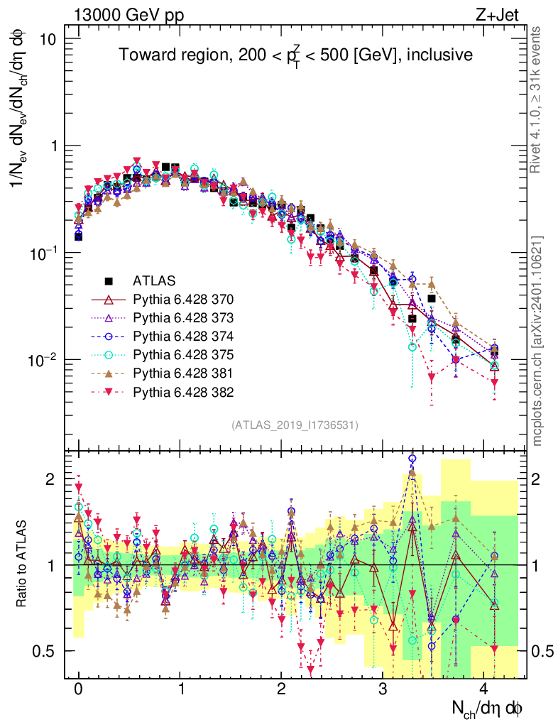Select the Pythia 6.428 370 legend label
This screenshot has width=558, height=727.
click(184, 298)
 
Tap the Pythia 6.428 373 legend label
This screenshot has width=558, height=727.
click(184, 317)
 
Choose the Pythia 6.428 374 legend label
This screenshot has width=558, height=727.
click(184, 335)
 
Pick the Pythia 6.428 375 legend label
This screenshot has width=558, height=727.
click(184, 354)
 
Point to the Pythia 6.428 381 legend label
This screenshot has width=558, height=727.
click(184, 373)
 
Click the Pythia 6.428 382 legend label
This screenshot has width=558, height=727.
click(184, 391)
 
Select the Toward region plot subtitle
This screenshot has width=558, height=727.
click(295, 55)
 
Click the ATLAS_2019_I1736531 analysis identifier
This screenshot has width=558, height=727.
click(295, 425)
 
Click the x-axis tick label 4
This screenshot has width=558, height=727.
click(484, 689)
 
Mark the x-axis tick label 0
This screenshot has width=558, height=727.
click(78, 689)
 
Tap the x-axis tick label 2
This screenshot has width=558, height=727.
click(281, 689)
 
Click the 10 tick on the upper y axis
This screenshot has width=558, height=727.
click(47, 38)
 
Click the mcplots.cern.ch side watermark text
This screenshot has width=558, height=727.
click(537, 341)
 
